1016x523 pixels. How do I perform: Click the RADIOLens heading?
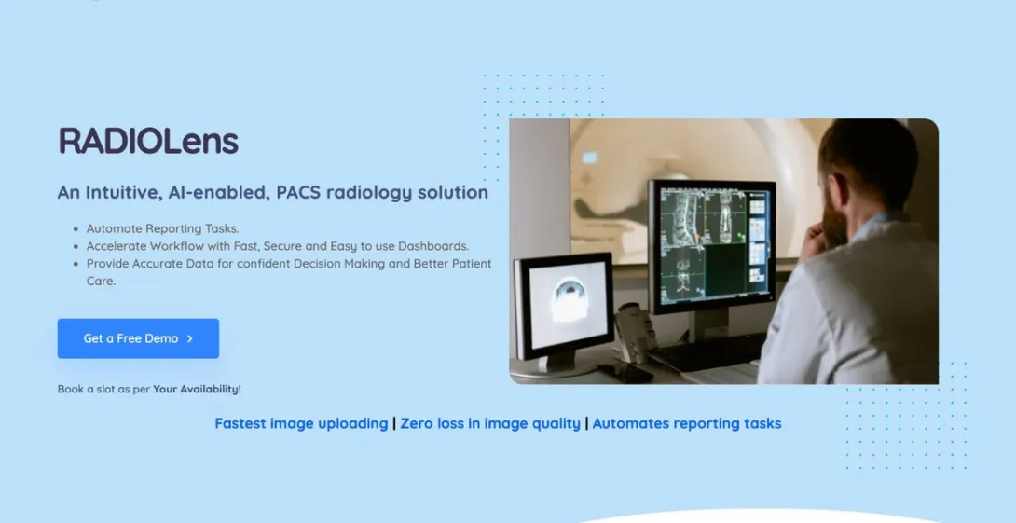(x=148, y=142)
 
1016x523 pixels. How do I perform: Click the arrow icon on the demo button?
(x=190, y=338)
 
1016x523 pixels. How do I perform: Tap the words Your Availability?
(x=197, y=389)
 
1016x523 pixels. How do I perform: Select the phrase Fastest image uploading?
(x=301, y=423)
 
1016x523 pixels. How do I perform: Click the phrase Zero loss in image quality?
(x=490, y=423)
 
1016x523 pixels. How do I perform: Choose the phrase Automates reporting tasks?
(x=687, y=423)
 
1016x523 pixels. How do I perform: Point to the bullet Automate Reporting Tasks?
(x=162, y=228)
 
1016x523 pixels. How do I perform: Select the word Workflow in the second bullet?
(x=181, y=246)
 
